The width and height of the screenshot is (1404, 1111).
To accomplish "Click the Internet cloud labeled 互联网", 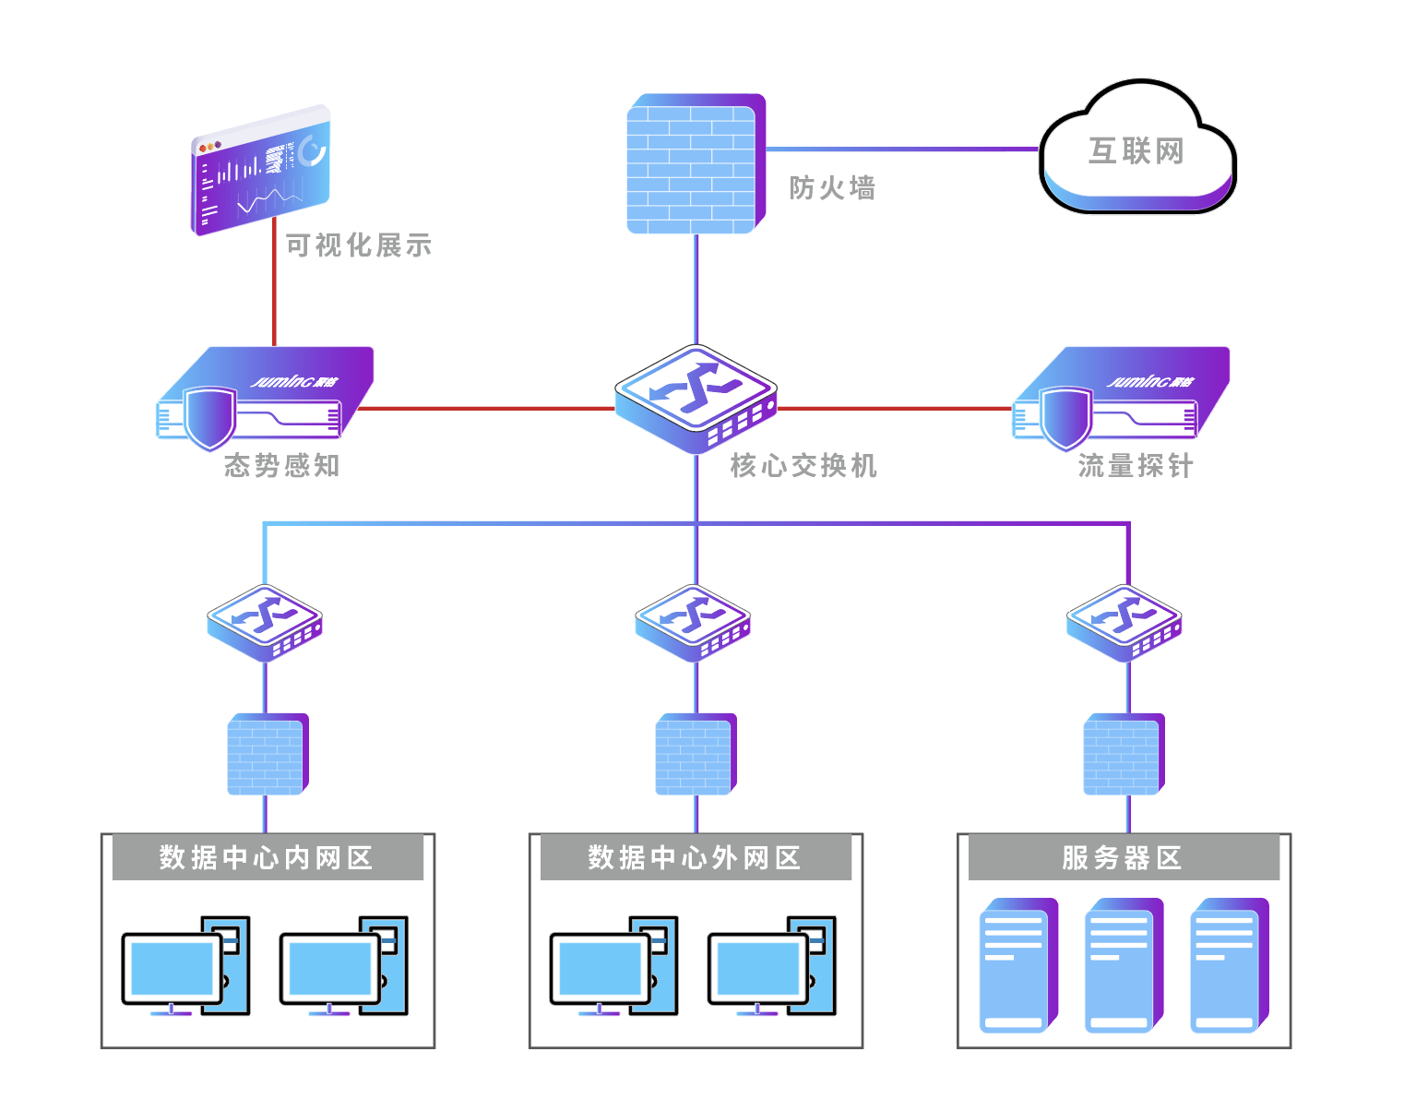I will coord(1136,149).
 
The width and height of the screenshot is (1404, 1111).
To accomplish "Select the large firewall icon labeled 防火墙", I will coord(694,164).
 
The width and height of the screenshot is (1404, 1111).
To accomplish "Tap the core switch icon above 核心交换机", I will coord(696,397).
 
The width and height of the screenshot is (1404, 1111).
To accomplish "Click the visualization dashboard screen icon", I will coord(260,172).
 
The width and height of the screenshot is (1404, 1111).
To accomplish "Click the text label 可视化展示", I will coord(358,245).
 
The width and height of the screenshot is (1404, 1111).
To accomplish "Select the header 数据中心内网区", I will coord(267,858).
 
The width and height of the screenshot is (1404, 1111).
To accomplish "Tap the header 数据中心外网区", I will coord(695,858).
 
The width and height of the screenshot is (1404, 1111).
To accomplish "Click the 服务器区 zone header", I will coord(1123,858).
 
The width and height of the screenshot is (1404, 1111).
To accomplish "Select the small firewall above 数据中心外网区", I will coord(696,754).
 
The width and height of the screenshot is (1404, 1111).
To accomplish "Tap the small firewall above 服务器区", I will coord(1124,754).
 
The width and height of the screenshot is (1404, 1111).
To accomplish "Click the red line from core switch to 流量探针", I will coord(895,408).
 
